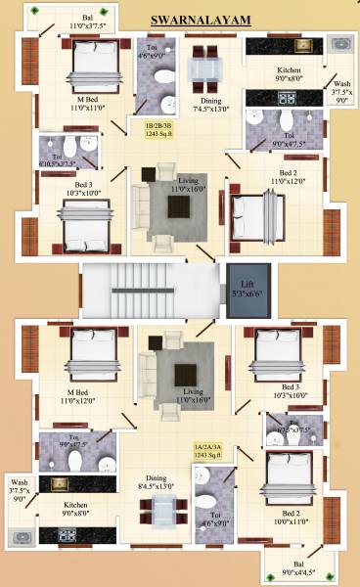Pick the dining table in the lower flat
pos(161,510)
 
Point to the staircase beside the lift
pos(147,289)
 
